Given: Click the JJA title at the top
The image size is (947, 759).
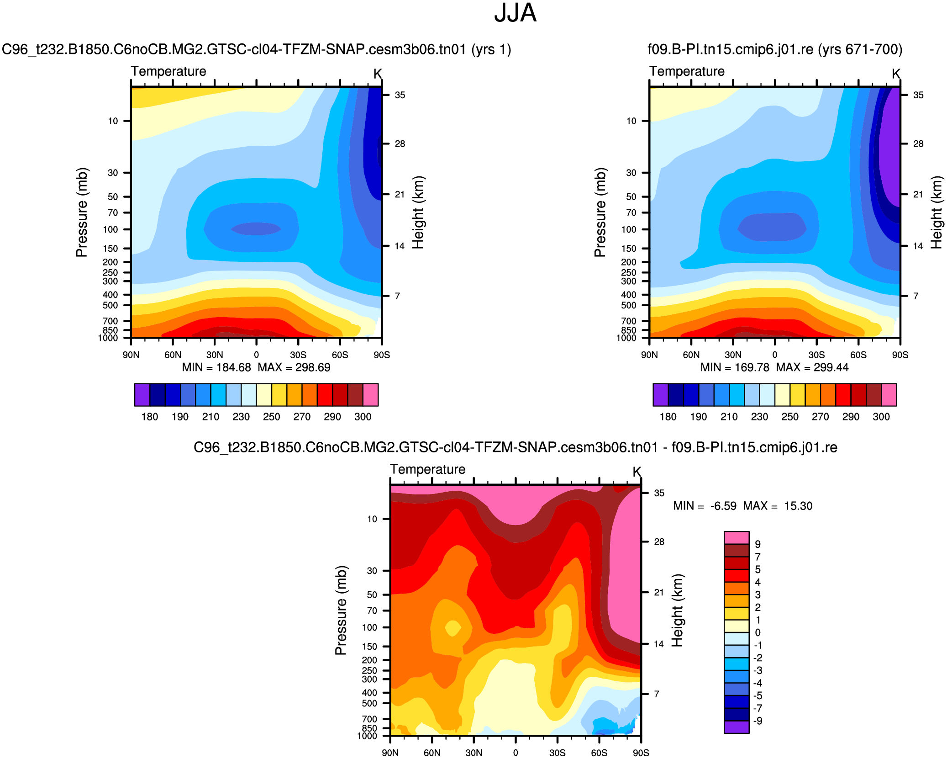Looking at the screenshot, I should (x=515, y=13).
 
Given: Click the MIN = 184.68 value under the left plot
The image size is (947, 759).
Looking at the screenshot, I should (x=216, y=367).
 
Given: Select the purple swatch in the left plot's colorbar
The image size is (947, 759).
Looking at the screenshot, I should (x=142, y=395).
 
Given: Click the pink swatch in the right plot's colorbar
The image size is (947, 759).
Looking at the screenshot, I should (x=889, y=395).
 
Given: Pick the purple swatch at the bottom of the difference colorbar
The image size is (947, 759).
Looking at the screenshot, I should (x=736, y=727).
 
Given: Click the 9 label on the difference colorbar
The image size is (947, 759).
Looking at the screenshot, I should (x=758, y=544).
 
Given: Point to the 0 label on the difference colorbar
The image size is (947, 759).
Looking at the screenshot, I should (x=758, y=633).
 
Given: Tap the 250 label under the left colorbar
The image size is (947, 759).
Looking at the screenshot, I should (x=271, y=417).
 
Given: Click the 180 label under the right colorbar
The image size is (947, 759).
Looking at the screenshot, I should (x=668, y=417).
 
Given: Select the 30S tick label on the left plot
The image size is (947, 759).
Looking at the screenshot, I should (x=298, y=355).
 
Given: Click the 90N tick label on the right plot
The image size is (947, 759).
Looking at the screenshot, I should (x=649, y=355).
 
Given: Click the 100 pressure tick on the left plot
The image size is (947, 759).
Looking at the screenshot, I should (x=110, y=229).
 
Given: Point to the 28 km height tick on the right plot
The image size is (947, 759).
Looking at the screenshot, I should (x=918, y=144).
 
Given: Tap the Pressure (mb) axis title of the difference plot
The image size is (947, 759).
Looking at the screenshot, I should (x=341, y=610).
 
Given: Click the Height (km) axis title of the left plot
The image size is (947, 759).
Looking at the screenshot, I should (x=418, y=212).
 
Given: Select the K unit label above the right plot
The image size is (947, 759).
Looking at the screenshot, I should (x=896, y=74).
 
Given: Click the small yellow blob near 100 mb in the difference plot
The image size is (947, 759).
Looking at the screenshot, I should (x=453, y=628).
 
